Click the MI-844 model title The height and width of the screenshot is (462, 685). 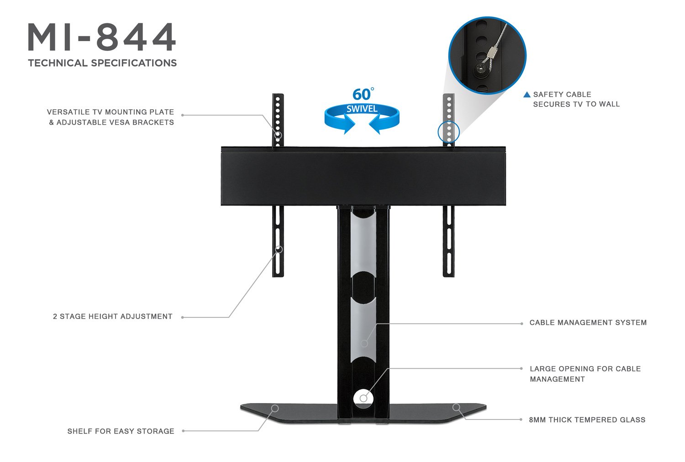point(102,37)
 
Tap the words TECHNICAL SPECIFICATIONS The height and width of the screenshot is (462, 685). point(102,63)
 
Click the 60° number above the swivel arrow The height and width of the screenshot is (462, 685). point(362,95)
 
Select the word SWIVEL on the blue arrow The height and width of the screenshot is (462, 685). point(362,109)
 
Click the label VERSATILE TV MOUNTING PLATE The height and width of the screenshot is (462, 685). point(111,112)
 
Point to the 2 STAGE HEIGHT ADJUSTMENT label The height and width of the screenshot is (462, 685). point(113,316)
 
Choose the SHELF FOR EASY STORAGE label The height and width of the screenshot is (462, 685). point(121,431)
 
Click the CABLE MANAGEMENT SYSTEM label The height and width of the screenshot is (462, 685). point(588,323)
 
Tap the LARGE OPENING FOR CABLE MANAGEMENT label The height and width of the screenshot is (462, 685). point(585,374)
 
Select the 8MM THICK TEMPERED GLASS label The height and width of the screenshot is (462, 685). point(587,420)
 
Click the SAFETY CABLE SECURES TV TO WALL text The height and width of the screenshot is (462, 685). point(576,99)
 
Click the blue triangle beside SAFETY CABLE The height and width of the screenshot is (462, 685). point(527,95)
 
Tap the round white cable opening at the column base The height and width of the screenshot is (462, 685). point(363,398)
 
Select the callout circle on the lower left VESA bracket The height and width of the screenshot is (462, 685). point(279,249)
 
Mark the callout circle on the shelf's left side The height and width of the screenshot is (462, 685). point(275,408)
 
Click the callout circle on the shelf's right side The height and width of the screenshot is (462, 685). point(456,407)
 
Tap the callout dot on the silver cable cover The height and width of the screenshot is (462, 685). point(364,343)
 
